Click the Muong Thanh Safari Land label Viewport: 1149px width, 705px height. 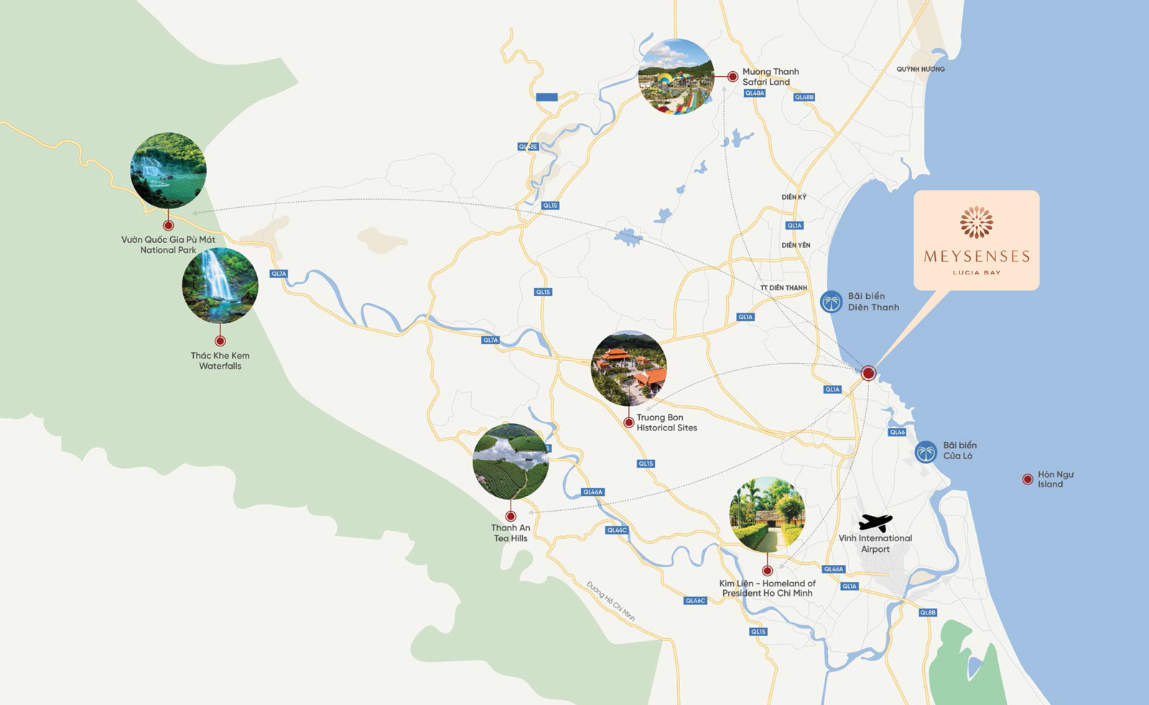click(770, 77)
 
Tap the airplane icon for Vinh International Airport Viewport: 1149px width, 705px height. click(875, 522)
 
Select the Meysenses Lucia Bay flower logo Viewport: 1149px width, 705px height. click(977, 222)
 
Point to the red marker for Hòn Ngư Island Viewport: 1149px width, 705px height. click(1028, 479)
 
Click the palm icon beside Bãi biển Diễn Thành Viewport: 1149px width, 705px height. click(831, 302)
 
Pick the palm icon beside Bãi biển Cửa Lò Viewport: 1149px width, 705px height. click(926, 452)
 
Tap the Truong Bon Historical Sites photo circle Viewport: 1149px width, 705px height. click(629, 369)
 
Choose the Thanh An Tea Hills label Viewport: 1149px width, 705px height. click(511, 533)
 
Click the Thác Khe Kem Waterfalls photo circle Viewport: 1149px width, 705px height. click(220, 286)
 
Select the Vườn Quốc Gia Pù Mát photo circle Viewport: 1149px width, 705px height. click(168, 170)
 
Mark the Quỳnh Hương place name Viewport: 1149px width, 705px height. click(921, 69)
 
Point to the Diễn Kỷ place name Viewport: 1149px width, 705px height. click(794, 197)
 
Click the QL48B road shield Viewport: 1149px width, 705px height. click(804, 97)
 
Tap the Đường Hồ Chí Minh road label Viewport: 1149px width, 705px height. click(610, 601)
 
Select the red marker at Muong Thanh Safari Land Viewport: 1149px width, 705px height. click(732, 76)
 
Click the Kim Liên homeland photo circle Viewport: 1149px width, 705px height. click(767, 514)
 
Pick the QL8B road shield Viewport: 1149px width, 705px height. click(928, 613)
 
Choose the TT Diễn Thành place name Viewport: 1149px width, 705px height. click(783, 288)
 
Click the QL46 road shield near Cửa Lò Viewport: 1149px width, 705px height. click(898, 432)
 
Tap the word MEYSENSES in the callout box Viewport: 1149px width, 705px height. click(977, 257)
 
